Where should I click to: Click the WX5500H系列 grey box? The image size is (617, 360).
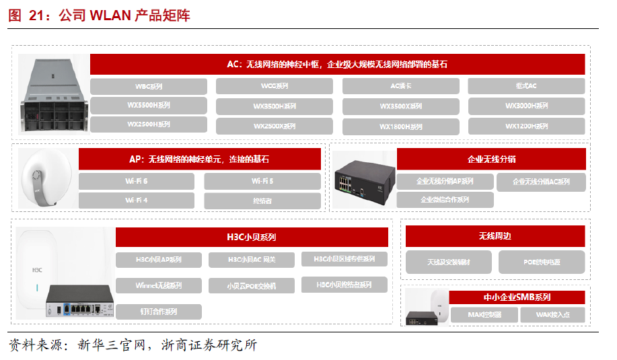pyautogui.click(x=149, y=105)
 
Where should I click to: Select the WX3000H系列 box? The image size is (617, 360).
pyautogui.click(x=526, y=106)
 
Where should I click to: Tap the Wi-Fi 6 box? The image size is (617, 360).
pyautogui.click(x=136, y=181)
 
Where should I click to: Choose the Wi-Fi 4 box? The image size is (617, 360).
pyautogui.click(x=136, y=201)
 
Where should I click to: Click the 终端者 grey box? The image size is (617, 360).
pyautogui.click(x=262, y=201)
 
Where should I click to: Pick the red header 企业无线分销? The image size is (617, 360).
pyautogui.click(x=491, y=159)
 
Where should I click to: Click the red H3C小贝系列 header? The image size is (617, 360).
pyautogui.click(x=252, y=237)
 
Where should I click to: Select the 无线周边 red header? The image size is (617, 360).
pyautogui.click(x=495, y=236)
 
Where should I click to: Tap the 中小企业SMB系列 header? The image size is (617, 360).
pyautogui.click(x=517, y=297)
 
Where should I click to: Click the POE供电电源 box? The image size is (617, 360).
pyautogui.click(x=542, y=262)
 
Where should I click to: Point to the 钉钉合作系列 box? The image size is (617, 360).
pyautogui.click(x=158, y=312)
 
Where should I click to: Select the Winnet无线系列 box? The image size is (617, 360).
pyautogui.click(x=158, y=285)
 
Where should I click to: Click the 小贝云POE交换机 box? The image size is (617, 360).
pyautogui.click(x=251, y=286)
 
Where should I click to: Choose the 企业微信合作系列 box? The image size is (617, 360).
pyautogui.click(x=445, y=200)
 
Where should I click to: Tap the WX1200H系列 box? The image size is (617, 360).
pyautogui.click(x=526, y=126)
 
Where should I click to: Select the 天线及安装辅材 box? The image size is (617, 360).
pyautogui.click(x=449, y=262)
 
